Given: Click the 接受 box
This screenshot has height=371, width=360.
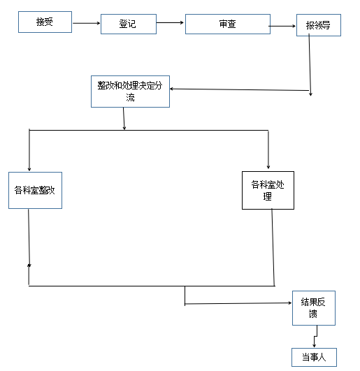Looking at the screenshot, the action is tap(45, 22).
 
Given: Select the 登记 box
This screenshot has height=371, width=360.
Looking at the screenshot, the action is tap(129, 24).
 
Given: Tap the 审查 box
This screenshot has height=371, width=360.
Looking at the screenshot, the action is tap(228, 24).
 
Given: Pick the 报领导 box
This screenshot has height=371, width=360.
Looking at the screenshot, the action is tap(319, 25).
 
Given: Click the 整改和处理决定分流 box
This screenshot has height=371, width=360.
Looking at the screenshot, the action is tap(130, 92).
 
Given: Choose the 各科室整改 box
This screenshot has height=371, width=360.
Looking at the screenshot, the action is tap(35, 190).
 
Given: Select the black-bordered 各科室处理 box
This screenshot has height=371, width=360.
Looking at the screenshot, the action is tap(268, 190).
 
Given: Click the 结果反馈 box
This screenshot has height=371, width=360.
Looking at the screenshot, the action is tap(314, 308).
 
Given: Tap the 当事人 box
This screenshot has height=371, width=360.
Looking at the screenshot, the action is tap(314, 357).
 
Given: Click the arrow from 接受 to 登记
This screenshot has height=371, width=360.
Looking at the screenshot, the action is tap(87, 23).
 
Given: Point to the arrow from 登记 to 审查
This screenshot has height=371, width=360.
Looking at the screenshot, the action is tap(170, 23).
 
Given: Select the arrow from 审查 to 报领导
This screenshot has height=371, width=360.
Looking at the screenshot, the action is tap(282, 26).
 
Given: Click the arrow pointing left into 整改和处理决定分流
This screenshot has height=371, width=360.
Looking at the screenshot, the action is tap(239, 89).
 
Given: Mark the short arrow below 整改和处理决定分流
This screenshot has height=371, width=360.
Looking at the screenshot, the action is tap(124, 119).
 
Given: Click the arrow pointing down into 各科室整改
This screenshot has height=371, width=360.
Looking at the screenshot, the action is tap(29, 150).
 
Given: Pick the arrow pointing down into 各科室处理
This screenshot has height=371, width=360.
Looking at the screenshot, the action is tap(268, 150).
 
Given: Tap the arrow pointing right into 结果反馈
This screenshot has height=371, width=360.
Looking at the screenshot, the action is tap(238, 303).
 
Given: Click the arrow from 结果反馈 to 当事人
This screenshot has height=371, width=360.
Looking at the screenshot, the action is tap(315, 336).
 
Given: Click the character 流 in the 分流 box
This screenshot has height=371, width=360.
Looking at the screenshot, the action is tap(130, 98).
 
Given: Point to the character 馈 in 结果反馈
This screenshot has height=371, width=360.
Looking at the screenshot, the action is tap(313, 314).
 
